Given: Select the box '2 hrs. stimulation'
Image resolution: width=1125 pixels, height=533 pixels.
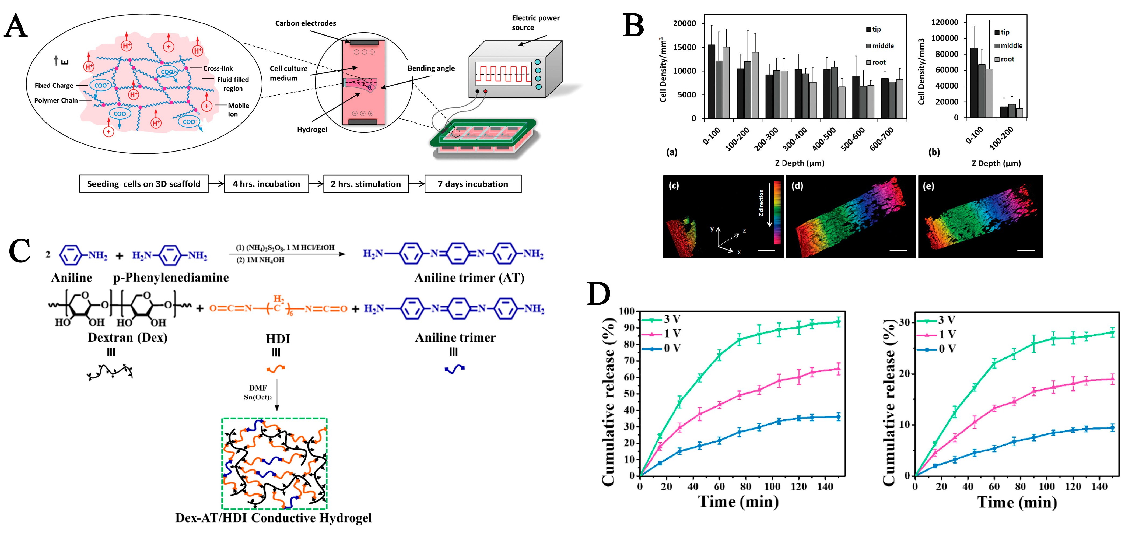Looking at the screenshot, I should point(366,184).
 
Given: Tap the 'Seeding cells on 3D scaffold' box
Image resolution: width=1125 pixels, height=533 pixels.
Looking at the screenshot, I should point(144,184).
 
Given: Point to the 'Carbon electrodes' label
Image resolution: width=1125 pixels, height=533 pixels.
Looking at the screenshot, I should point(305,23).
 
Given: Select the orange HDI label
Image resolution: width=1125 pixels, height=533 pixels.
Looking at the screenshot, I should point(278,339).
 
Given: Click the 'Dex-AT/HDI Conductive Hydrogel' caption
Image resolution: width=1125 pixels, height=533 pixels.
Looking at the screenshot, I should point(274,518).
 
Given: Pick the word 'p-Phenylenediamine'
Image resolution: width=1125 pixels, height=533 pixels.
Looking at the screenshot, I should point(171,278).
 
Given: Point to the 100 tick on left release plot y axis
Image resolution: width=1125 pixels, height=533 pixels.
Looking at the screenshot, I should point(626,311).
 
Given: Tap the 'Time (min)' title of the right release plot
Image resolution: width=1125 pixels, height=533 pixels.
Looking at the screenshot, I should point(1017,502).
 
